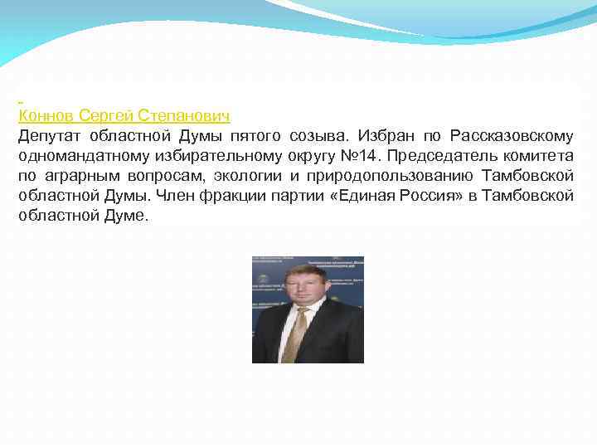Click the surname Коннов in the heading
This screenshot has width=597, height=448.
click(46, 114)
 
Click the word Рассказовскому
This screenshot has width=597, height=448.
click(512, 135)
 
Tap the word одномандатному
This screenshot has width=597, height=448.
click(74, 155)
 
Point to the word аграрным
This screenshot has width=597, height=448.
click(77, 175)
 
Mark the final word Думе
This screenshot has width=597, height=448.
click(124, 215)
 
